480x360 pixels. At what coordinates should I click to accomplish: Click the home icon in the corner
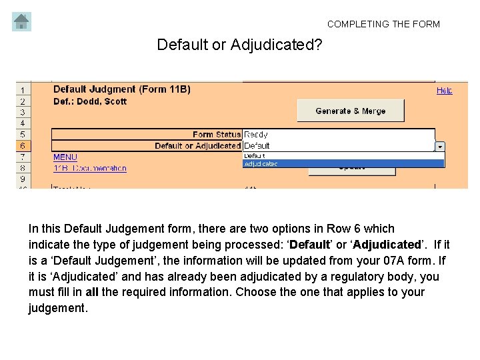tap(21, 22)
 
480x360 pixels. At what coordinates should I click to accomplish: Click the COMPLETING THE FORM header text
tap(383, 24)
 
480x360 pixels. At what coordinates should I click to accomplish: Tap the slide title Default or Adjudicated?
tap(239, 45)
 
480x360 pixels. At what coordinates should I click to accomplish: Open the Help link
tap(444, 90)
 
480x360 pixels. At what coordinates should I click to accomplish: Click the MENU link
tap(65, 157)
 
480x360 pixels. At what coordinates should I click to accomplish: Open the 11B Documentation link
tap(89, 168)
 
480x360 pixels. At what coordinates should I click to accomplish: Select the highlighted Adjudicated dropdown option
tap(343, 163)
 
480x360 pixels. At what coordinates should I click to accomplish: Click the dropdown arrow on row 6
tap(440, 146)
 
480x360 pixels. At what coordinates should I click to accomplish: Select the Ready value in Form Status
tap(256, 135)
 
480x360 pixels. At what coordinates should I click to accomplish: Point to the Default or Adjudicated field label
tap(197, 145)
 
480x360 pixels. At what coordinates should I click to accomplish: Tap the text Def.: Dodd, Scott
tap(90, 101)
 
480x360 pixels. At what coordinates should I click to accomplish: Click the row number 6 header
tap(22, 145)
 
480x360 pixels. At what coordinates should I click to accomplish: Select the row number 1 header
tap(22, 90)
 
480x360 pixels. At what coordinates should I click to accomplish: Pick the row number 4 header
tap(22, 123)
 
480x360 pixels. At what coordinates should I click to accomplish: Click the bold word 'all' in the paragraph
tap(92, 292)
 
